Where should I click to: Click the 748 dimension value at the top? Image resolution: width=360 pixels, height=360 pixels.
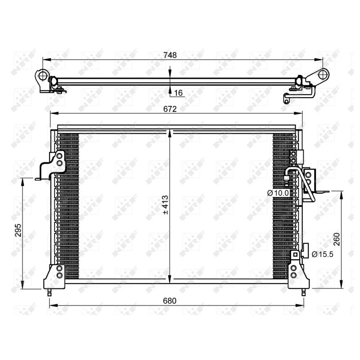[x=170, y=55]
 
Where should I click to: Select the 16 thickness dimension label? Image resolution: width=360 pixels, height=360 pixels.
[x=178, y=93]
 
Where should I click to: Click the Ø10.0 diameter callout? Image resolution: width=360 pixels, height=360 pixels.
[x=276, y=193]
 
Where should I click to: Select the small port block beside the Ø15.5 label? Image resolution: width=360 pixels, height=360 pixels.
[x=305, y=249]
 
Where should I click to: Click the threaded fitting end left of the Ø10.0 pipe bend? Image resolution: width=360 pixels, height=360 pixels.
[x=286, y=180]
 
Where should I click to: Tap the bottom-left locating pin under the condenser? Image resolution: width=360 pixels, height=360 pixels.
[x=50, y=292]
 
